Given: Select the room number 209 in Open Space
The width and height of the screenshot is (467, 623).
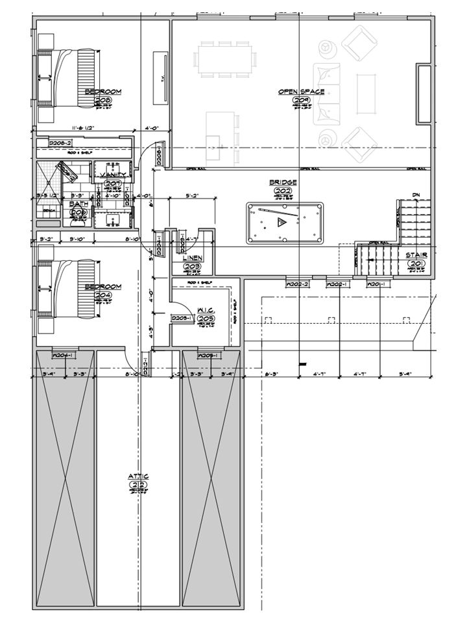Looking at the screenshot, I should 300,101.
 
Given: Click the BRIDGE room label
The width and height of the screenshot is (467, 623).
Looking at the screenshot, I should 283,183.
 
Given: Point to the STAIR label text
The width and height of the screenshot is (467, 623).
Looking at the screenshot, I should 416,256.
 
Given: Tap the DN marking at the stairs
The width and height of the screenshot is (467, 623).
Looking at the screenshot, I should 415,195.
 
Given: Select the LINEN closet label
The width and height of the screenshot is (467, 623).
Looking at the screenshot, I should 192,258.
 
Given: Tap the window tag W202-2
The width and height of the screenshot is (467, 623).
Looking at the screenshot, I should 296,284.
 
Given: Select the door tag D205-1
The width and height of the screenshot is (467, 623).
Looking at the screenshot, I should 180,318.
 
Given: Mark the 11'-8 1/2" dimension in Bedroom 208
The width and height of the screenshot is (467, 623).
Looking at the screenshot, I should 84,128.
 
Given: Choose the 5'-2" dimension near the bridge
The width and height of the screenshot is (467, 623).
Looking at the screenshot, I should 191,194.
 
